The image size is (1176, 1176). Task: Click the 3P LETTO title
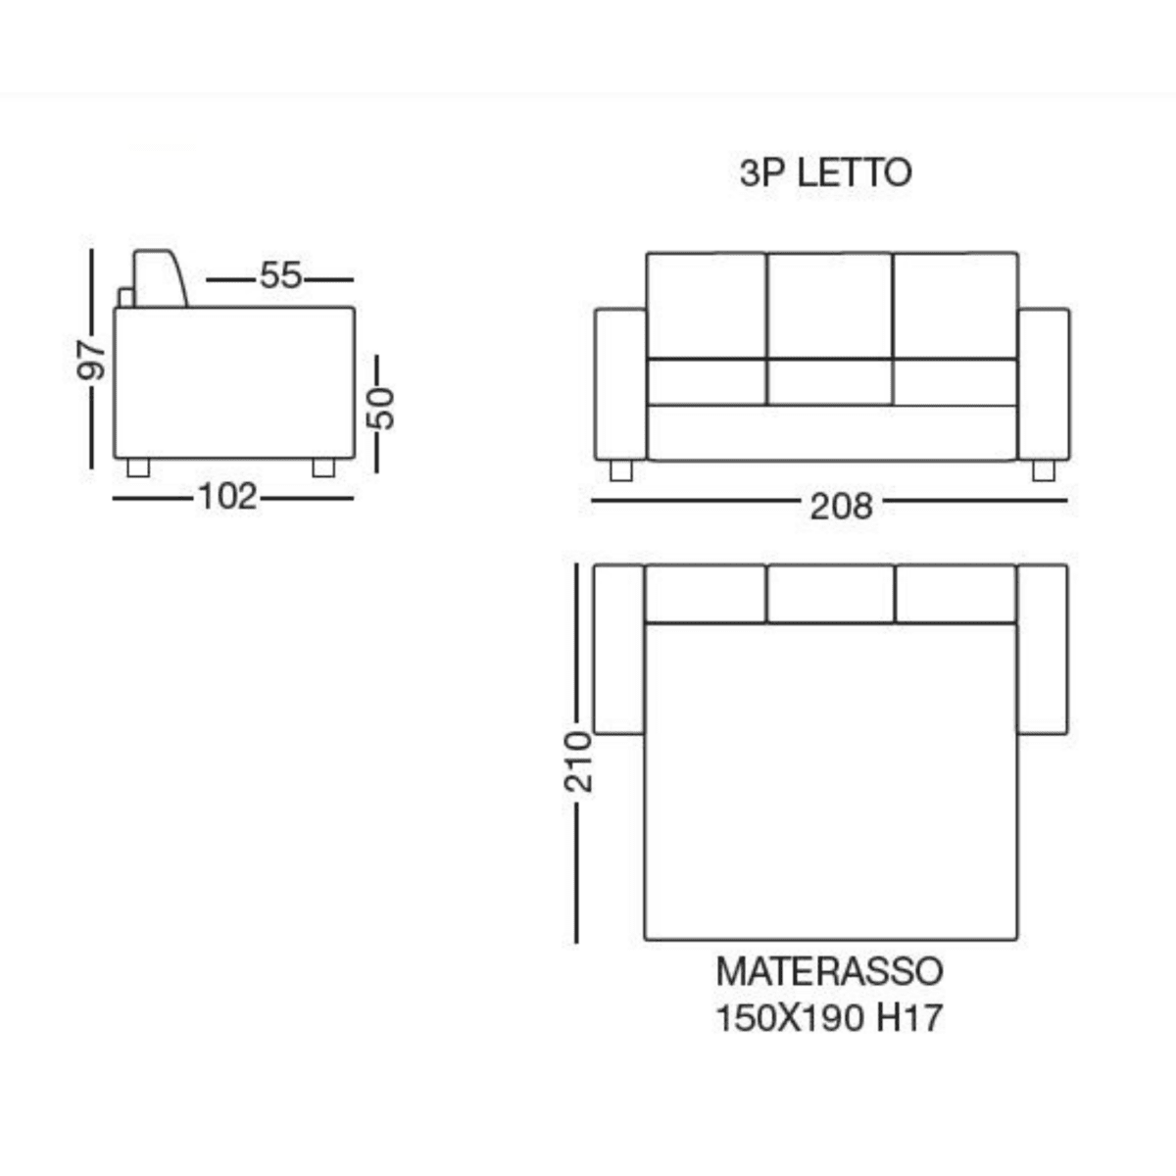825,173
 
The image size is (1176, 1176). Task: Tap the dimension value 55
280,276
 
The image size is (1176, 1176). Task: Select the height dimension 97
91,360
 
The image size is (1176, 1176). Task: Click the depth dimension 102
227,497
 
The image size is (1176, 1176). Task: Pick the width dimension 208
841,506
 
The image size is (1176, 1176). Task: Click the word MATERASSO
829,971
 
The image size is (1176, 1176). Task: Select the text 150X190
790,1019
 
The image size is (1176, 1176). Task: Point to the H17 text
908,1019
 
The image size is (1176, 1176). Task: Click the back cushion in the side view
159,279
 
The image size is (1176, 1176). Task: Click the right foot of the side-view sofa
323,468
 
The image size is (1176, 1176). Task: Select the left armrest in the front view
620,384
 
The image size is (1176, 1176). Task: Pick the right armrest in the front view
1043,384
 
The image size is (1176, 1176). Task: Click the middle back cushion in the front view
829,306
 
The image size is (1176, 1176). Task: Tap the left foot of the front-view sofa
620,471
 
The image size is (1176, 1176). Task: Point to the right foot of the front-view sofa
1043,471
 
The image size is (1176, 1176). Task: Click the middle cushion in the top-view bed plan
830,594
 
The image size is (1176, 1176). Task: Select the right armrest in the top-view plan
1043,649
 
